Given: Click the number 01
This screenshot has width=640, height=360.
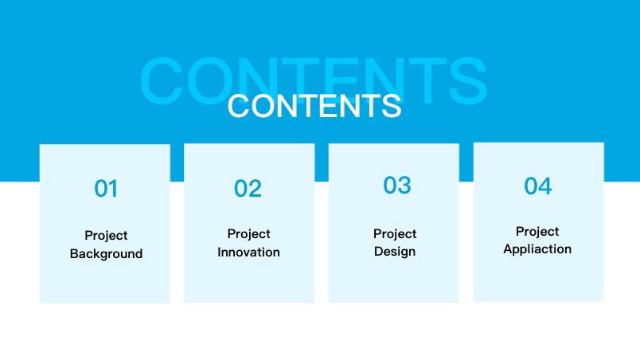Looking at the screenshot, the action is (106, 189).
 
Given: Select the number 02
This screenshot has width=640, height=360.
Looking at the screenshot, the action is (248, 189).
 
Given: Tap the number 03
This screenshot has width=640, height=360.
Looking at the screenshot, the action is (396, 186).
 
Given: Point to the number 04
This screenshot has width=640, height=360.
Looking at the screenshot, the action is (538, 186).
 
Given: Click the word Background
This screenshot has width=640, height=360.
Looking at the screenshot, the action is (106, 254).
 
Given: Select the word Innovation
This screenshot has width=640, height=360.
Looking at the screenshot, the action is (248, 252).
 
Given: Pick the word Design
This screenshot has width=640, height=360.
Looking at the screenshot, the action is (395, 252).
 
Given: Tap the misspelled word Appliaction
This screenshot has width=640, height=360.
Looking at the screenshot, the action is (537, 249).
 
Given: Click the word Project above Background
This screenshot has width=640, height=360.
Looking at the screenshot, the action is (106, 236).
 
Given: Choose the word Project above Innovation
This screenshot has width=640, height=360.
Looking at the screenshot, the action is (249, 234).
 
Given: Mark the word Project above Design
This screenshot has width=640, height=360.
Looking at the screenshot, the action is (395, 234).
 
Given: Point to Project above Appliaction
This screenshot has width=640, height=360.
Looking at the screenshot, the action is (537, 232).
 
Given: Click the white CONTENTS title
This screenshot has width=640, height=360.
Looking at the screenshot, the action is (314, 106).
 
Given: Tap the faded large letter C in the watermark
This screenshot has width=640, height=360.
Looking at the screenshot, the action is (162, 80).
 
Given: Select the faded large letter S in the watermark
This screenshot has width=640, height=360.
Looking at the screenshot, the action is (468, 80).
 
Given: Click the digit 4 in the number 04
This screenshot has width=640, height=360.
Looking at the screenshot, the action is (545, 186).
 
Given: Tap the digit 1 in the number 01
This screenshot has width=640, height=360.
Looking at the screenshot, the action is (113, 189).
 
